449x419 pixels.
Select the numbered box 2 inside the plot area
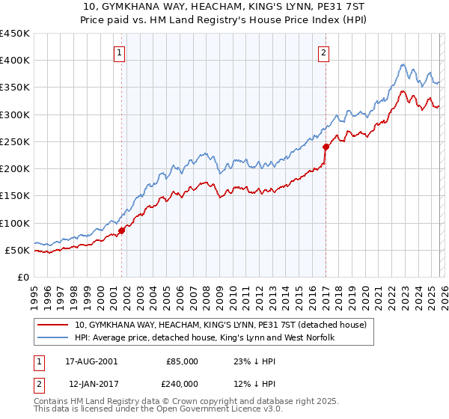[323, 52]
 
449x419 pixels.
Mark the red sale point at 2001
[122, 230]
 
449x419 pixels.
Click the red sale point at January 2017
[326, 147]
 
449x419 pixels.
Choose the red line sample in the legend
[52, 325]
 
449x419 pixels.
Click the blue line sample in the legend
[52, 337]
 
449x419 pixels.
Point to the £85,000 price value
[183, 361]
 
